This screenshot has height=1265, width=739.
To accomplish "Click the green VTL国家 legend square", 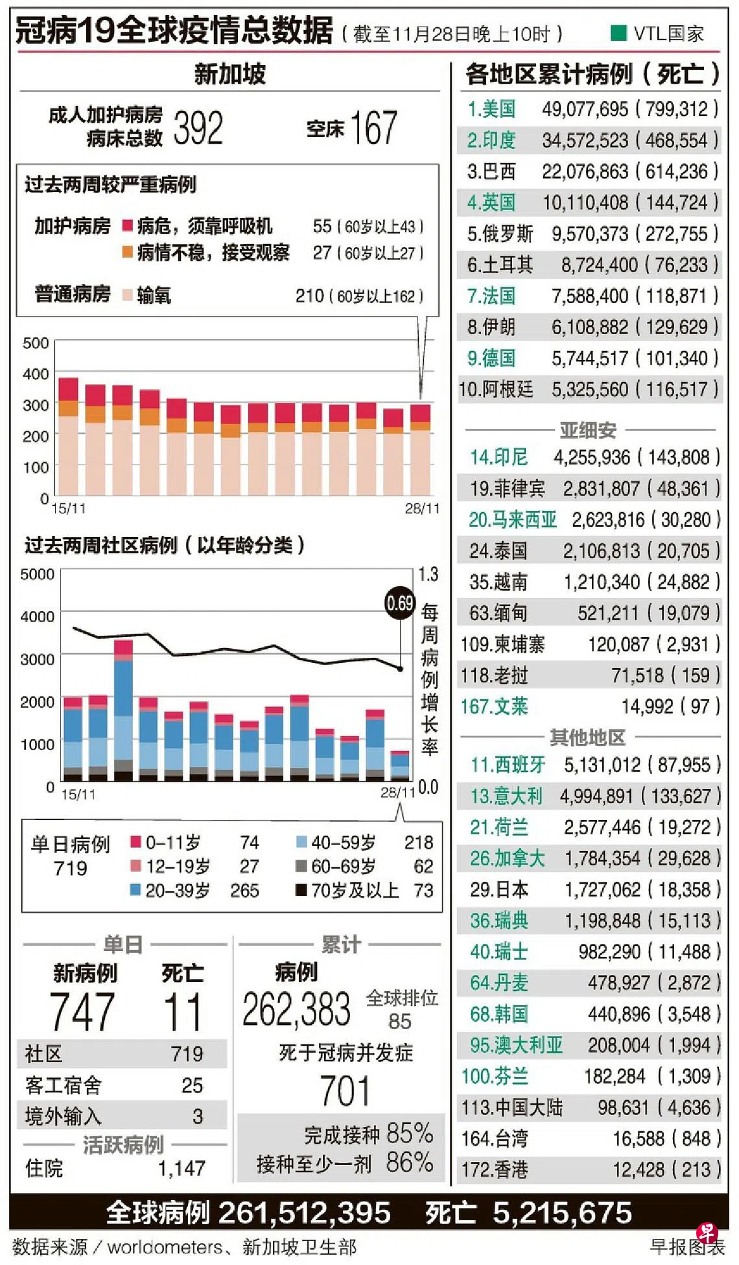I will pos(618,32).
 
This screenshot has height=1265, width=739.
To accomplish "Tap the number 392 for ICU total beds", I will pos(198,128).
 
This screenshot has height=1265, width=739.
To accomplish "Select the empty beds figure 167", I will pos(373,127).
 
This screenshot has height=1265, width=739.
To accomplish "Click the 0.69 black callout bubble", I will pos(399,603).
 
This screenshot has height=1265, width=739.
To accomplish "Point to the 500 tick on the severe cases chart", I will pos(36,343).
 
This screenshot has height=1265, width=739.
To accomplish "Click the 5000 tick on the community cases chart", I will pos(37,574).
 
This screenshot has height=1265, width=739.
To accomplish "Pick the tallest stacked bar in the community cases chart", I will pos(123,710).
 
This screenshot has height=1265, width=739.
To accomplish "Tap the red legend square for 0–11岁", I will pos(135,842).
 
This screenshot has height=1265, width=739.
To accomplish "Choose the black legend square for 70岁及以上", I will pos(301,890).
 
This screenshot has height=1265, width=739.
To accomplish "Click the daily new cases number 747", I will pos(82,1012).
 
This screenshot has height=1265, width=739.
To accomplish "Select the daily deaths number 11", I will pos(183,1012).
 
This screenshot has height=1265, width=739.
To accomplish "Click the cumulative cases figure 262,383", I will pos(296,1009).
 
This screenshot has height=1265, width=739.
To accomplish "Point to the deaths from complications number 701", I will pos(345,1091).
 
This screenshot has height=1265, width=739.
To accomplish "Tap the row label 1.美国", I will pos(491,109).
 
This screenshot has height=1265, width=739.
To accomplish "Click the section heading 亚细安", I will pos(588,429).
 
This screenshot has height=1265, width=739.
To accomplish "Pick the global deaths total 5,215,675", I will pos(561,1213).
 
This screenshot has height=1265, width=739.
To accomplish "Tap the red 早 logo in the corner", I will pos(706,1232).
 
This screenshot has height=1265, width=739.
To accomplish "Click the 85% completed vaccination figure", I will pos(409,1133).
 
